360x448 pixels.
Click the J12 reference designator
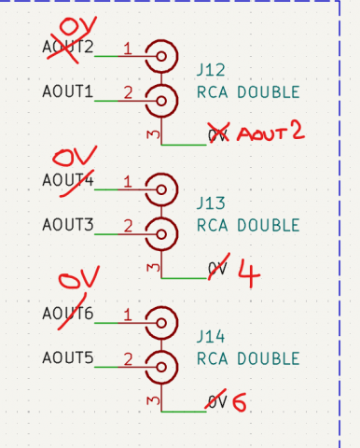pos(210,71)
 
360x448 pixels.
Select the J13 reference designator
pos(210,203)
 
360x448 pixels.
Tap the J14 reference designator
pos(210,336)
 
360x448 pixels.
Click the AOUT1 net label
pos(68,91)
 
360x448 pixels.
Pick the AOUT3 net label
pos(68,224)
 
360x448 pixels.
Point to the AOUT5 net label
pos(68,357)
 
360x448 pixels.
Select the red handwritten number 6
pos(240,403)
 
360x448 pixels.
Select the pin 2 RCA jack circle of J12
pos(163,99)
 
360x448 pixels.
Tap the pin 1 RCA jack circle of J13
pos(163,189)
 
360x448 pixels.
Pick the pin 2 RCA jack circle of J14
pos(163,365)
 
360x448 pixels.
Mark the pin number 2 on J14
pos(128,358)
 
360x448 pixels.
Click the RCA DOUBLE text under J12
pos(248,92)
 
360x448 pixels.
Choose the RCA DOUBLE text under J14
pos(248,358)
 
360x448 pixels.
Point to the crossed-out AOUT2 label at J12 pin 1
pos(68,47)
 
